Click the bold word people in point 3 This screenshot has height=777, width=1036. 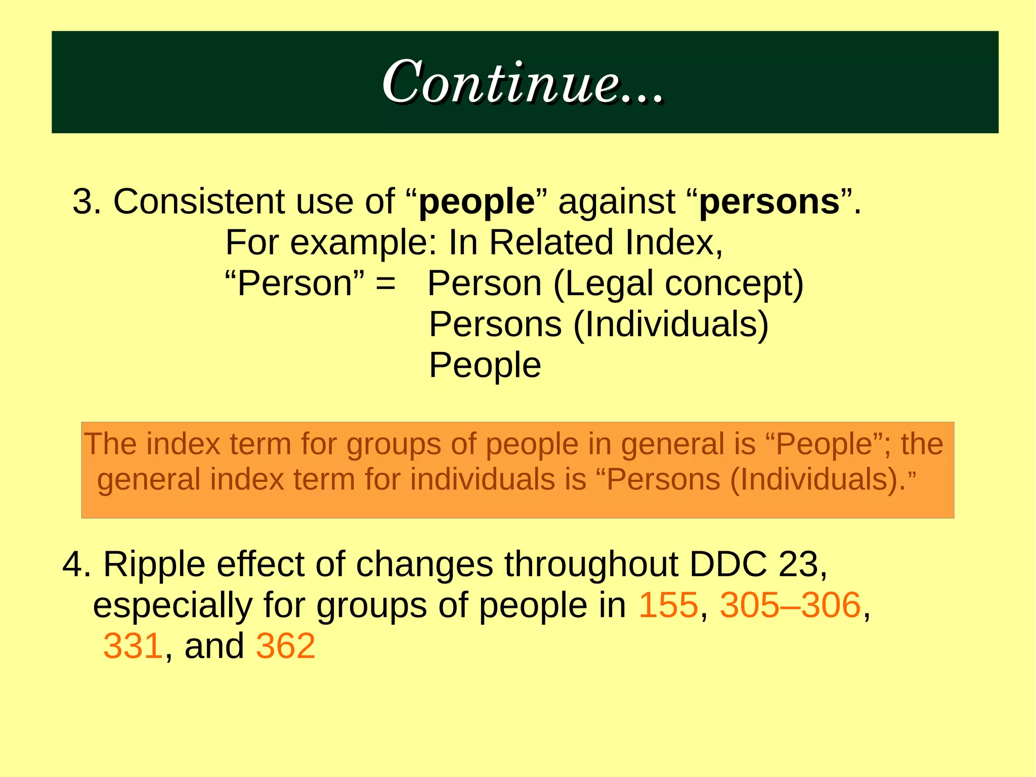tap(477, 202)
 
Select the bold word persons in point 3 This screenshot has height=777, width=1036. tap(769, 202)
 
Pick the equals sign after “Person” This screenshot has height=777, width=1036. tap(385, 283)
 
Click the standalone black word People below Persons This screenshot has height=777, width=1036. tap(485, 365)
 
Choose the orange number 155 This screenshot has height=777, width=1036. tap(668, 605)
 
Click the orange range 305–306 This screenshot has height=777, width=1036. tap(790, 605)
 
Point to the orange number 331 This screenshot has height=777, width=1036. tap(133, 646)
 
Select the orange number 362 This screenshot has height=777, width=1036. tap(286, 646)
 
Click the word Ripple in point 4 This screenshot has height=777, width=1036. tap(154, 565)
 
